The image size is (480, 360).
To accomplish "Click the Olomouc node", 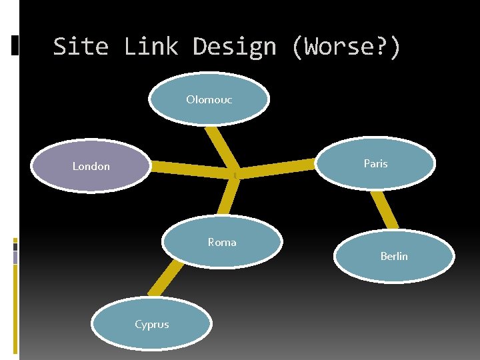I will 209,100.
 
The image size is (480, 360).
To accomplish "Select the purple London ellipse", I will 91,166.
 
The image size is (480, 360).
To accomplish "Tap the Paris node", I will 375,163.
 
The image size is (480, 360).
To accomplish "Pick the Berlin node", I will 394,256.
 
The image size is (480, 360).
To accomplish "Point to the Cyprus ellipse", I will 152,325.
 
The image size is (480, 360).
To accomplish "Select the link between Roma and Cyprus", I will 165,277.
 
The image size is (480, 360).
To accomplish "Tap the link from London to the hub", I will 190,171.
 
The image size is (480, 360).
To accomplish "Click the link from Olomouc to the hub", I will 221,147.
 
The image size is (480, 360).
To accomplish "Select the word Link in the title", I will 151,47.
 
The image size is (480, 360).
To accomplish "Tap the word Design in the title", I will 234,47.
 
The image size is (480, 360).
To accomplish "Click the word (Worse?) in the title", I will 346,47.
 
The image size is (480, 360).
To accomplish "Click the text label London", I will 91,166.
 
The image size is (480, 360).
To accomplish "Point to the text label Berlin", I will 394,256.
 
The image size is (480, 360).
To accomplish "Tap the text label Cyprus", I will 152,325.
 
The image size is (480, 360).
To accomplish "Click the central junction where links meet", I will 234,173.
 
